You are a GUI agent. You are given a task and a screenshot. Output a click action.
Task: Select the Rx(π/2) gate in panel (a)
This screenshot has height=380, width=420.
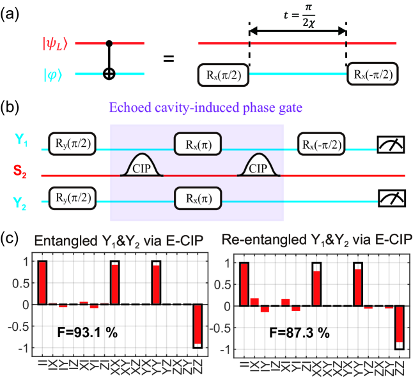click(222, 74)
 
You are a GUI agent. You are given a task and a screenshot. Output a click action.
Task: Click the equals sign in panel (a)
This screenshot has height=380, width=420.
click(169, 59)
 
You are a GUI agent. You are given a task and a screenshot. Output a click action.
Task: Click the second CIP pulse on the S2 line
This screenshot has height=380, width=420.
click(260, 165)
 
